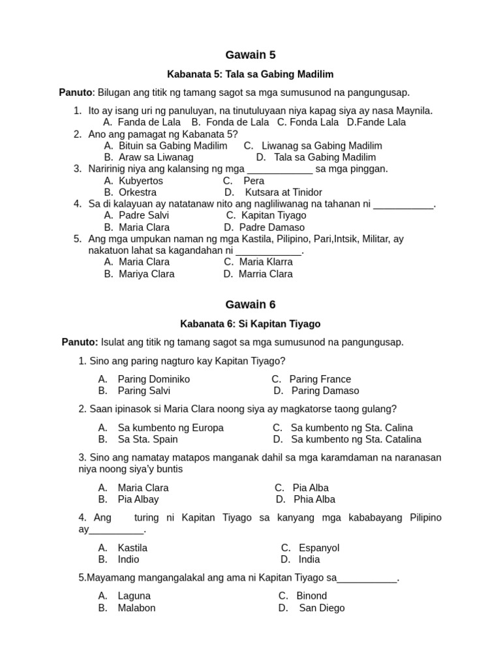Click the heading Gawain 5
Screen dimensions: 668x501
250,55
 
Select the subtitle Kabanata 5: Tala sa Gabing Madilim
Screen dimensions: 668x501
250,74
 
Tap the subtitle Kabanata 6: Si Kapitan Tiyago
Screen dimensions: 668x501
250,324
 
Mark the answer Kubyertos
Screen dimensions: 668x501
141,181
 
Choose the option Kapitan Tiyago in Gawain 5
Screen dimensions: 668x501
273,215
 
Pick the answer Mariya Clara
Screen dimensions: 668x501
146,274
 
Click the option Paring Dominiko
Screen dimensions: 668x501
153,379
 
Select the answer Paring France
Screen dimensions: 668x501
320,379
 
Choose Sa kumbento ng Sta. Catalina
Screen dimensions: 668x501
356,439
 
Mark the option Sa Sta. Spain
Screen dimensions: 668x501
147,439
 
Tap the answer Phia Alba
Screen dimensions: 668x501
314,499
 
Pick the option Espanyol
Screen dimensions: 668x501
319,548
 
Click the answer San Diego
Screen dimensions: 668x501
322,608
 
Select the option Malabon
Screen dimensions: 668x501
136,608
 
